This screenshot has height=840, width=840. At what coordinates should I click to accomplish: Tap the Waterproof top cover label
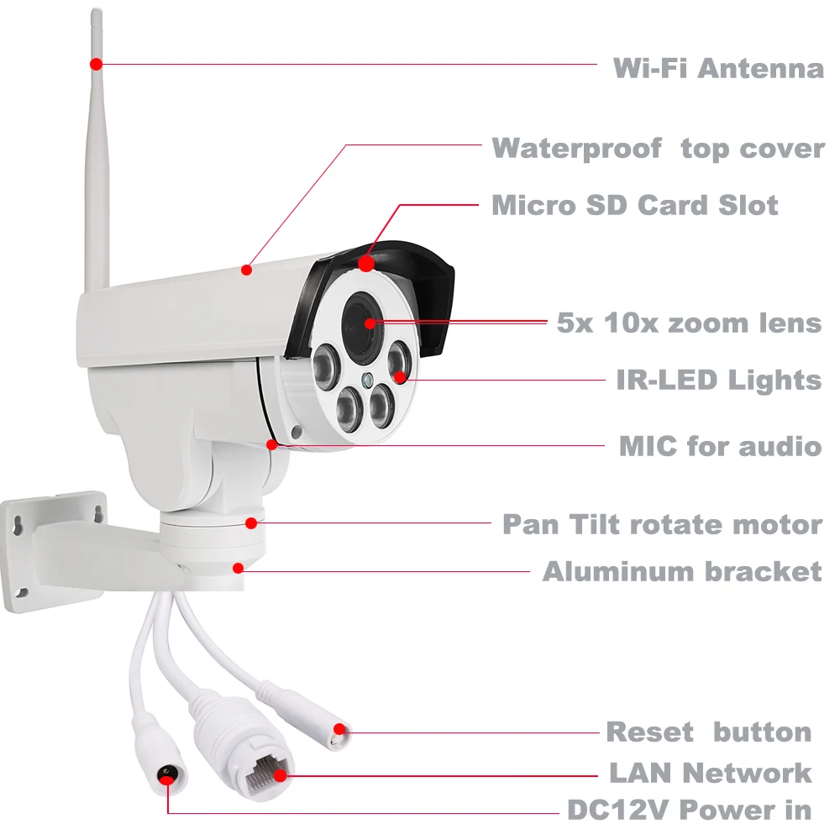coord(658,149)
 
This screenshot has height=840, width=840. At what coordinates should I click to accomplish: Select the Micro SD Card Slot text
coord(634,205)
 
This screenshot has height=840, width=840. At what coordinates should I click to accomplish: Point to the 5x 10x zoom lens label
coord(689,323)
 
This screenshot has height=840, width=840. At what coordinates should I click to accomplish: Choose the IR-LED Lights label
coord(718,380)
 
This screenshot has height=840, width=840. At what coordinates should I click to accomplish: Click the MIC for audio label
coord(720,445)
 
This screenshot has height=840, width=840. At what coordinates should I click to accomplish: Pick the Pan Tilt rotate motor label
coord(662,524)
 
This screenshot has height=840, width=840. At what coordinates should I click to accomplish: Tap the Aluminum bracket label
coord(681,572)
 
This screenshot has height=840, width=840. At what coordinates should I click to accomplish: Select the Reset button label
coord(708,732)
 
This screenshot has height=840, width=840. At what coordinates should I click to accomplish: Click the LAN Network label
coord(710,772)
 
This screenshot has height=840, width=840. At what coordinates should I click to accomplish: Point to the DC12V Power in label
coord(689,810)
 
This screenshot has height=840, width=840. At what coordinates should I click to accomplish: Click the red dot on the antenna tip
coord(97,64)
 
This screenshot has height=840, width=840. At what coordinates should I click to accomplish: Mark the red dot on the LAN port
coord(280,773)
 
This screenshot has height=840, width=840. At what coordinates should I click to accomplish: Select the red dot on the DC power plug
coord(169,780)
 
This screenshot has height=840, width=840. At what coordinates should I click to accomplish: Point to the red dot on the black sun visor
coord(366,263)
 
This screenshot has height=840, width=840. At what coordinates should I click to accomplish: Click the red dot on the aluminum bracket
coord(239,568)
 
